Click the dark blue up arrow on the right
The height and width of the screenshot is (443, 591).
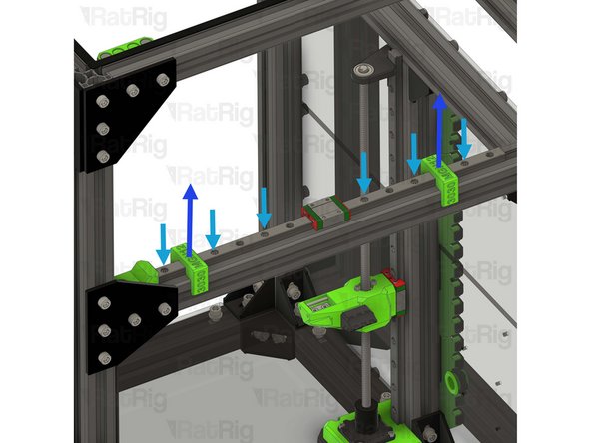point(438,125)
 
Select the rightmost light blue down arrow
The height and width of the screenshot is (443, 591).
point(465,138)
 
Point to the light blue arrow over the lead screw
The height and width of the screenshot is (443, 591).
point(364,172)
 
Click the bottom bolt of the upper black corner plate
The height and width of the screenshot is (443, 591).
point(102,156)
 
